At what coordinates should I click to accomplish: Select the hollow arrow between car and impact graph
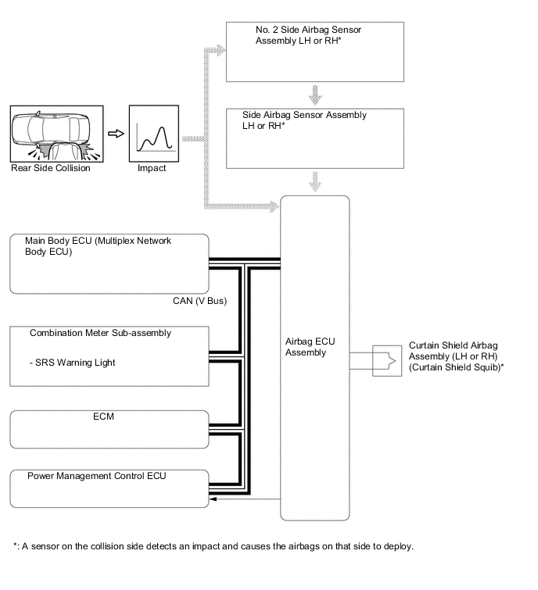click(x=116, y=134)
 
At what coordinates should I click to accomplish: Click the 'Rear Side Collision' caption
click(x=51, y=168)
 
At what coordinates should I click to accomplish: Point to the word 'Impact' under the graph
click(x=151, y=168)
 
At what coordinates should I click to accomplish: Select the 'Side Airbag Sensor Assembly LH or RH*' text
click(x=304, y=120)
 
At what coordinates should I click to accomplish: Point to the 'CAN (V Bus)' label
click(x=200, y=300)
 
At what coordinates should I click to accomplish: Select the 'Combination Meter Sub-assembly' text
click(x=100, y=333)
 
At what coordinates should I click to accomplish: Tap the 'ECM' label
click(x=103, y=417)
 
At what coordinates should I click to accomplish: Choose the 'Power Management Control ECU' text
click(x=96, y=475)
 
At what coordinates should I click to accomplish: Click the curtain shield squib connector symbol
click(x=385, y=360)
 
